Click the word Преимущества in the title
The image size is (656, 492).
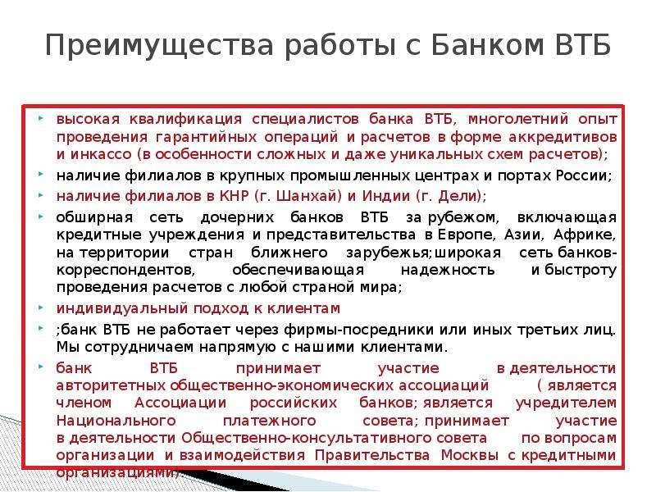[x=159, y=46]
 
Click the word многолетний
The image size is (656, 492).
[x=518, y=119]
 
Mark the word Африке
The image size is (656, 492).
[x=585, y=235]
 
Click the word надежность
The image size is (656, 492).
[x=448, y=271]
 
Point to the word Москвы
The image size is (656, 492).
[x=469, y=455]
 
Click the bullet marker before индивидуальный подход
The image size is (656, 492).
[x=40, y=308]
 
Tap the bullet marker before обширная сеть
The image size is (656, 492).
[x=40, y=217]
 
